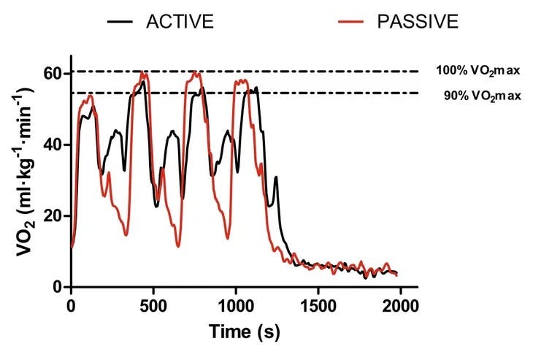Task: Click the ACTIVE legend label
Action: pyautogui.click(x=179, y=21)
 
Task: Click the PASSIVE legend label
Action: pyautogui.click(x=418, y=21)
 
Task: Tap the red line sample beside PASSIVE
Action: pyautogui.click(x=356, y=21)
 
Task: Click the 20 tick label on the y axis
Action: pyautogui.click(x=58, y=216)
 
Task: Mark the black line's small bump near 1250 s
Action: pyautogui.click(x=276, y=177)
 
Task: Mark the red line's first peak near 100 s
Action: pyautogui.click(x=90, y=96)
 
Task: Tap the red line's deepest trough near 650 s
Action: pyautogui.click(x=179, y=246)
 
